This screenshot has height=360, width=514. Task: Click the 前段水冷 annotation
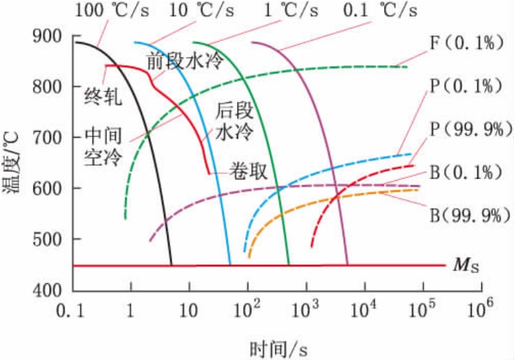point(185,62)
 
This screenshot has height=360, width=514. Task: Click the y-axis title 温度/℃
point(14,163)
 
